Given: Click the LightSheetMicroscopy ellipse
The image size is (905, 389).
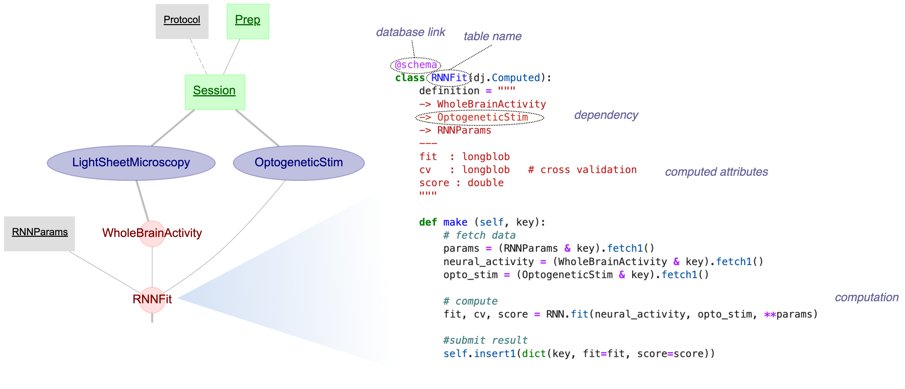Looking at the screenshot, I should (x=131, y=163).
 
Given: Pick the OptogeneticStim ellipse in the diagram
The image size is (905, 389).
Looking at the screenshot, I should (x=299, y=163).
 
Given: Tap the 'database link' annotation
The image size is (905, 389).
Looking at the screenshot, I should (x=410, y=32).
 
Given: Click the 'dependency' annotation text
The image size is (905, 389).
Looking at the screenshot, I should (x=606, y=115).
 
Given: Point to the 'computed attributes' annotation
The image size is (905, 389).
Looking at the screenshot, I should (x=716, y=172).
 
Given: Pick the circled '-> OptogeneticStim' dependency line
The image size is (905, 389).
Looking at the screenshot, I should (x=479, y=118).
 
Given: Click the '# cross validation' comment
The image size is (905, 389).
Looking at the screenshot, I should (x=582, y=170).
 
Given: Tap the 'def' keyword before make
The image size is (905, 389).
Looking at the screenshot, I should (x=428, y=223).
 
